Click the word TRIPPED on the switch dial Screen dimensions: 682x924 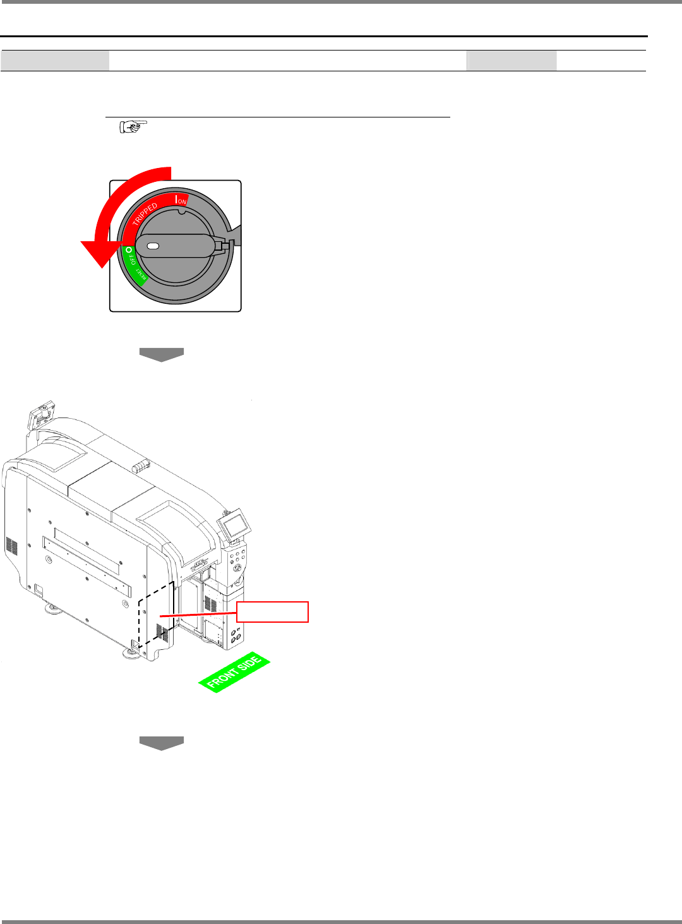pyautogui.click(x=145, y=214)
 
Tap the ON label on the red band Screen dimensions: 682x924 pyautogui.click(x=182, y=201)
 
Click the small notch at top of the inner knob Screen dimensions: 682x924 pyautogui.click(x=181, y=212)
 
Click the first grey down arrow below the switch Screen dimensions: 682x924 pyautogui.click(x=162, y=354)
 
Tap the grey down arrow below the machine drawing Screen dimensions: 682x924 pyautogui.click(x=162, y=743)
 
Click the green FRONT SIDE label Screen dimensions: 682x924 pyautogui.click(x=234, y=672)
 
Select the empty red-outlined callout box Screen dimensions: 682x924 pyautogui.click(x=272, y=612)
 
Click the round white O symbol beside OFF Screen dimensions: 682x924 pyautogui.click(x=129, y=250)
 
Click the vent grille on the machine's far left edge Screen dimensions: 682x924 pyautogui.click(x=11, y=547)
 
